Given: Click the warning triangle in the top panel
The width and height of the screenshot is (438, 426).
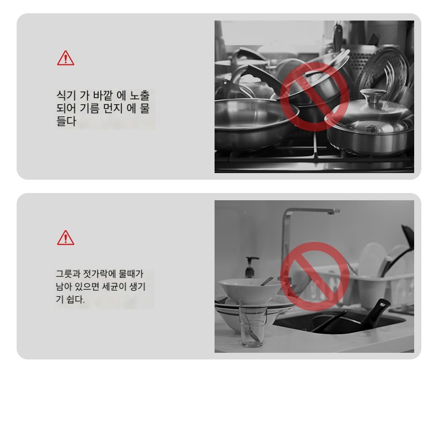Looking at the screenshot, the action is coord(65,58).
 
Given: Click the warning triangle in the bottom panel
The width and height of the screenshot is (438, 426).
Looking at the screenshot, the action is coord(65,238).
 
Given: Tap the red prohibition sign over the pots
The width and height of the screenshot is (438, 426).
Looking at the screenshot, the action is coord(314,97).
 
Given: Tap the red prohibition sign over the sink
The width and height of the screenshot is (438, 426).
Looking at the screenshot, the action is coord(314,276).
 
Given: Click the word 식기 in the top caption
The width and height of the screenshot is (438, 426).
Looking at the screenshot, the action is coord(66,95).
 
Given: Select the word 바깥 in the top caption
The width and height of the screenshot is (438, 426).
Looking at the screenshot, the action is coord(102,95).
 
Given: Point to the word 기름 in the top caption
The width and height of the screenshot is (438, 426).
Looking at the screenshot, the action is coord(89,108).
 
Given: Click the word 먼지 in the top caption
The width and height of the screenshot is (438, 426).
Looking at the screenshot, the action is coord(113,108).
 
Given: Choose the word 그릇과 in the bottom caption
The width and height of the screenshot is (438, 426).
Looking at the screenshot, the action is coord(68,273).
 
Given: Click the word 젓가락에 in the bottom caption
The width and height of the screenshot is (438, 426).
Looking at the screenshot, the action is coord(99,273).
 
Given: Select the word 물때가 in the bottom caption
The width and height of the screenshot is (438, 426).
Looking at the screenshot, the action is coord(131,273).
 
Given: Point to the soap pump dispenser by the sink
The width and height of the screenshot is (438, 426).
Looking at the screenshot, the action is coord(251,267).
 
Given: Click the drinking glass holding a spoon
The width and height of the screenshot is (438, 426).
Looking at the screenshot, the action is coord(252,326).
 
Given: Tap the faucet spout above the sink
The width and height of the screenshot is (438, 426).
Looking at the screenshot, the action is coord(310,211).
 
